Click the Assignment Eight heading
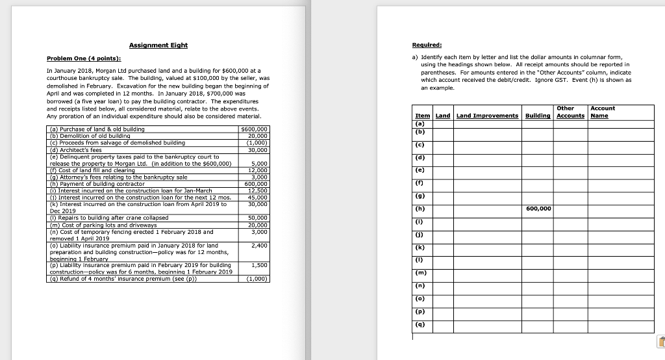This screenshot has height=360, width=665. pos(158,45)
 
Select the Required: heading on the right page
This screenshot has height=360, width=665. pos(427,45)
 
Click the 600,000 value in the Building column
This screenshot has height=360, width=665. pos(538,209)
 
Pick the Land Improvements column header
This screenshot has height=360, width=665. pos(487,116)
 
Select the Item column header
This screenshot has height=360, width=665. pos(422,116)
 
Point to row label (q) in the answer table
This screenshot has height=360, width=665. pos(420,324)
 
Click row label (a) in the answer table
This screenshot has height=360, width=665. pos(420,123)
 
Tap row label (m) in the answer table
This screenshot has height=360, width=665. pos(420,272)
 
